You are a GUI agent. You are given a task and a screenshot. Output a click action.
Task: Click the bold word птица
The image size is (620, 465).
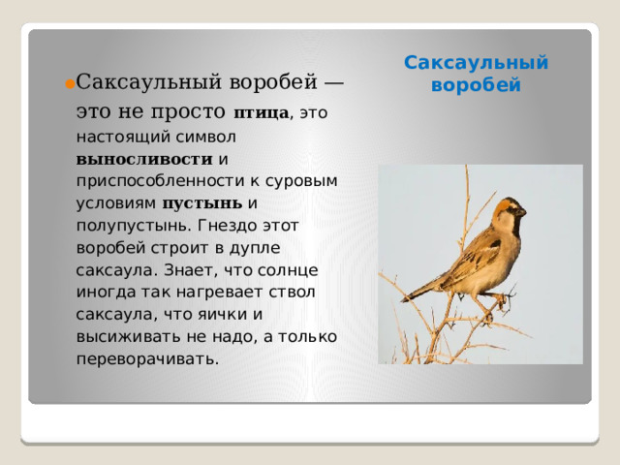[x=262, y=114]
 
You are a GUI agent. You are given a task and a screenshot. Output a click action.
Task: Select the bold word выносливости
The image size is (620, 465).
[x=144, y=158]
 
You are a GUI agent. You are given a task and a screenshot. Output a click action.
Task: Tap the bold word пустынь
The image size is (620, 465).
[x=202, y=203]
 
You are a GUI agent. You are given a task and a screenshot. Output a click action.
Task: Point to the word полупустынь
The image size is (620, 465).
[x=133, y=226]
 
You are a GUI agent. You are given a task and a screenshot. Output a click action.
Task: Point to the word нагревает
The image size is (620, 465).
[x=220, y=292]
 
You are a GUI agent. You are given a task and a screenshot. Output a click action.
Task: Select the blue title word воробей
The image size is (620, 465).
[x=476, y=84]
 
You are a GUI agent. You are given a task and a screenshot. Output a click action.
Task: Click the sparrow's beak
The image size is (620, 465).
[x=523, y=211]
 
